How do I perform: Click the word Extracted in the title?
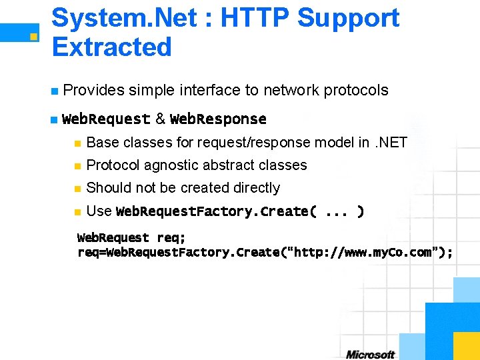111,47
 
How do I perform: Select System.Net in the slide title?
123,18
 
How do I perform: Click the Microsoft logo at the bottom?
370,354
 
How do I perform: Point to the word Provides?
94,90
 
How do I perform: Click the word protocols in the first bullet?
356,90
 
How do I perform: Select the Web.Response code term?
218,119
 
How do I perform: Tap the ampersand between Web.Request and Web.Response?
160,119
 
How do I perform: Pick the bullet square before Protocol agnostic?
78,165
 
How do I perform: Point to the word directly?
258,187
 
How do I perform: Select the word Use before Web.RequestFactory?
99,211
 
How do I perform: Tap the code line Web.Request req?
131,238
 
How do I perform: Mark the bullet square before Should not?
78,188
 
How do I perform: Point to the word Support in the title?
348,18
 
